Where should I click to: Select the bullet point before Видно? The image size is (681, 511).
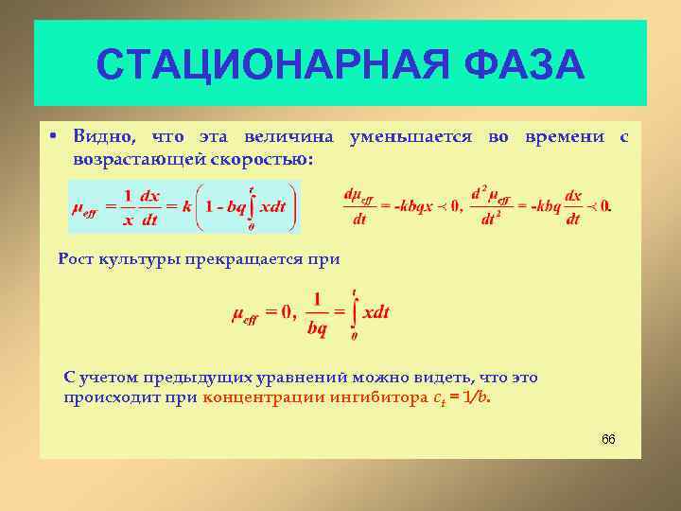(56, 137)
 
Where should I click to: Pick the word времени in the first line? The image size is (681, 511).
(564, 137)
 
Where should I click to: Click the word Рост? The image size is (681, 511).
(77, 257)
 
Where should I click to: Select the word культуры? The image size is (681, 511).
(141, 257)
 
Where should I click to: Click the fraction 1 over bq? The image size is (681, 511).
(317, 313)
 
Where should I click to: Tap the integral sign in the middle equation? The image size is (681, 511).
(353, 313)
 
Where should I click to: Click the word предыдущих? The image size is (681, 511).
(187, 377)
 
